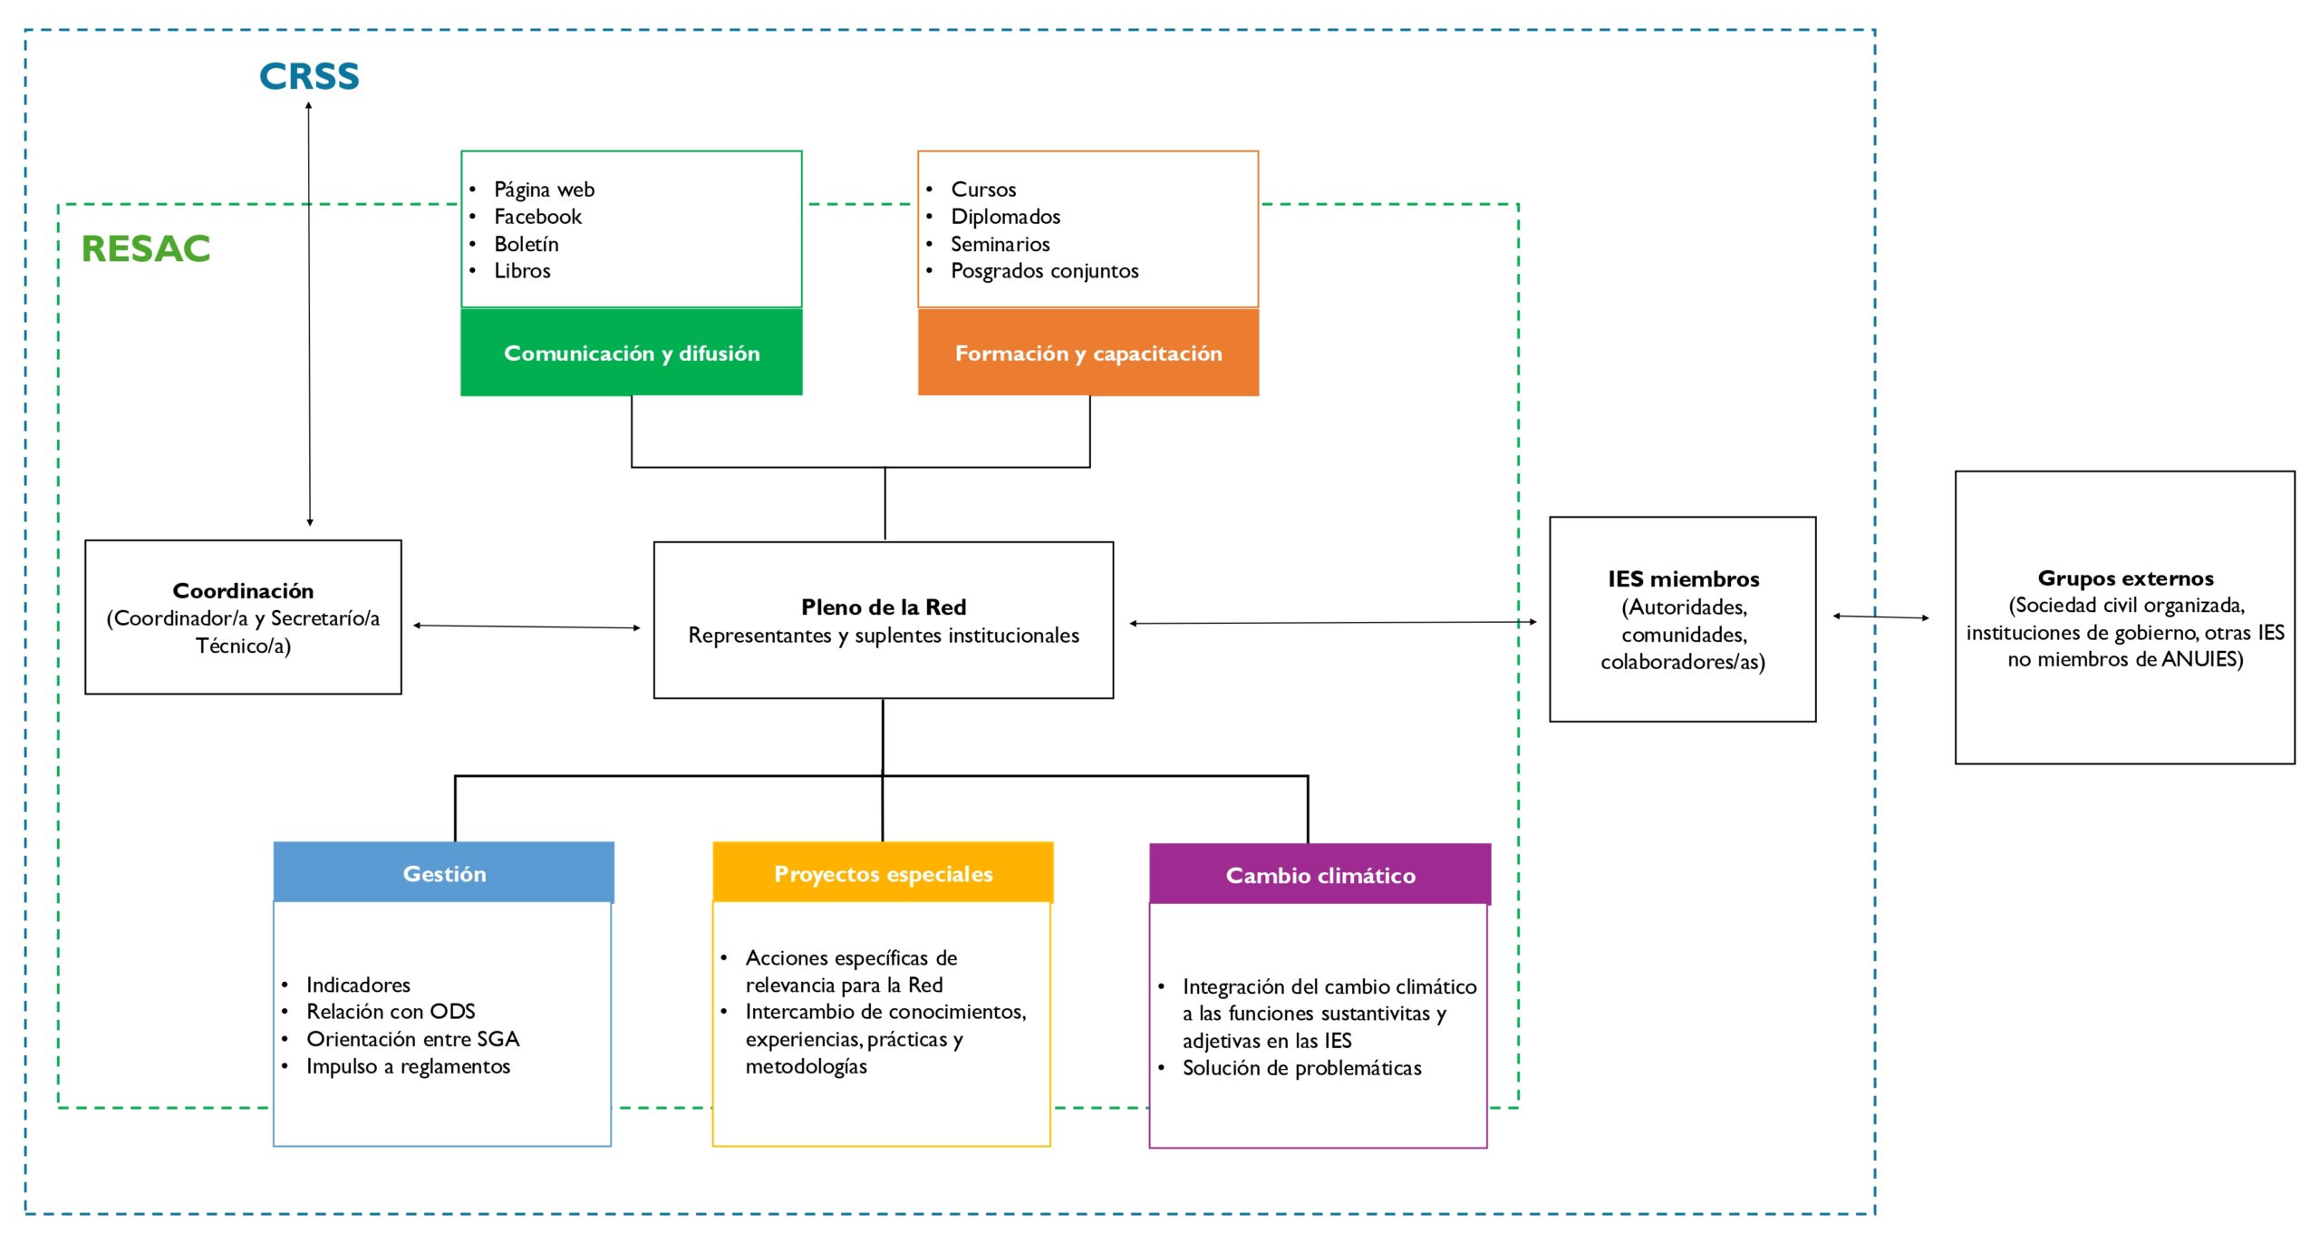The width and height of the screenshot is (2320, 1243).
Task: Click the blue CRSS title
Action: pos(309,76)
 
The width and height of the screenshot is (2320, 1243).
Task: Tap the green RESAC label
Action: pos(146,248)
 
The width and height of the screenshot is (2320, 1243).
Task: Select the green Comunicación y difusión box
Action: pos(632,353)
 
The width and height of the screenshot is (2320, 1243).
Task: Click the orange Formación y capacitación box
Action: pos(1088,353)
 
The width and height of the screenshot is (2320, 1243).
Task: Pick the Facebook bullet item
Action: pos(537,217)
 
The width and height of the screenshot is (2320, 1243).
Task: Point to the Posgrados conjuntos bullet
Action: pos(1044,271)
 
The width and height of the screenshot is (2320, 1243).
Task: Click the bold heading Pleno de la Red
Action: pos(884,607)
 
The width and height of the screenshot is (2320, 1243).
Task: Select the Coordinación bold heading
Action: pos(243,590)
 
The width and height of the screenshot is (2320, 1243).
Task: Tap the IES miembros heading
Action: pos(1683,578)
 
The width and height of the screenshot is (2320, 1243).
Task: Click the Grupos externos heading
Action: pos(2125,578)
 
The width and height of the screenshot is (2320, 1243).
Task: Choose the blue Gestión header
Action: pos(444,873)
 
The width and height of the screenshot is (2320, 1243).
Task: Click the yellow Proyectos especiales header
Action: pos(883,873)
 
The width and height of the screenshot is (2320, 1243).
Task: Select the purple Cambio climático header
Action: pos(1320,875)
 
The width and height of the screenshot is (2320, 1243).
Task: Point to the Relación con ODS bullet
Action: pos(391,1011)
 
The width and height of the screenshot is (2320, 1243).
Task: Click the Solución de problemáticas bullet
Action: pos(1301,1068)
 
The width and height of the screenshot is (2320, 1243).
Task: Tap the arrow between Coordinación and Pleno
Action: pos(527,626)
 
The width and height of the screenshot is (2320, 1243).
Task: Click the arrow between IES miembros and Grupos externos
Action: pos(1880,617)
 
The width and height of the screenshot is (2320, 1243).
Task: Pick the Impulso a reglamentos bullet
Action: pos(408,1066)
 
